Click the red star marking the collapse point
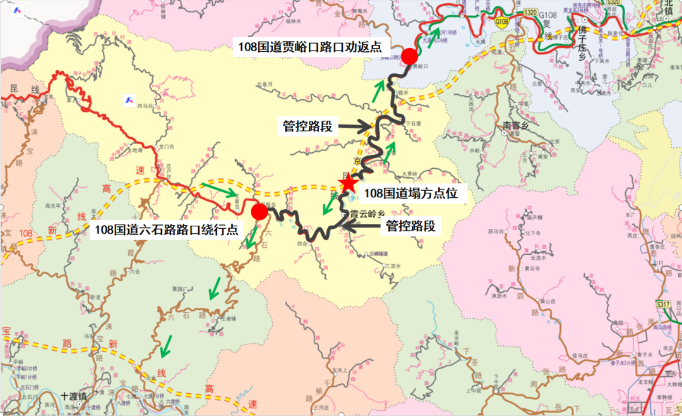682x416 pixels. tap(347, 183)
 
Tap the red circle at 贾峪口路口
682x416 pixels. tap(410, 56)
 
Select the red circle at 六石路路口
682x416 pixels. tap(259, 211)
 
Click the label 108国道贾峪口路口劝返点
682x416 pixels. tap(311, 46)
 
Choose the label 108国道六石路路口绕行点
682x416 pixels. tap(167, 230)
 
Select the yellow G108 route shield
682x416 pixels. tap(501, 22)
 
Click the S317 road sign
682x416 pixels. tap(662, 305)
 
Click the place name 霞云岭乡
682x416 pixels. tap(368, 215)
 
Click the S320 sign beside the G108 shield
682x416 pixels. tap(530, 11)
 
